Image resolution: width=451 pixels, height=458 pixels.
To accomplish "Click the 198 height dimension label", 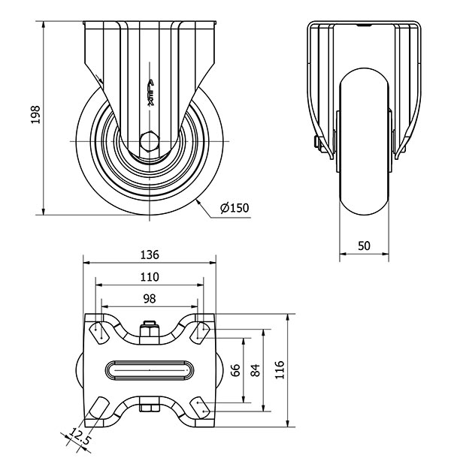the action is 35,115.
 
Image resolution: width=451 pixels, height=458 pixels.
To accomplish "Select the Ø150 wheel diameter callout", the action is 235,208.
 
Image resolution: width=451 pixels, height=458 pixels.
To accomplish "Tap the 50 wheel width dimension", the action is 364,246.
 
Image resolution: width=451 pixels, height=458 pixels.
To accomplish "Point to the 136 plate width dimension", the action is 150,255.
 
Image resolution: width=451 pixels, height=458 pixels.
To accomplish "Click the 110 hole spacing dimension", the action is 150,276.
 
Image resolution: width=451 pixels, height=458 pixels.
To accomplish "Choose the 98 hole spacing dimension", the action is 150,299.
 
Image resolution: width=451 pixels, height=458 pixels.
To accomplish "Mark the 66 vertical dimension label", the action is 235,370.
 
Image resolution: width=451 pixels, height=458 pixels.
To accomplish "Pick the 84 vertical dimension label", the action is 255,370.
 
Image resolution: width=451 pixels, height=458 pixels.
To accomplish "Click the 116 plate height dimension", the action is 280,370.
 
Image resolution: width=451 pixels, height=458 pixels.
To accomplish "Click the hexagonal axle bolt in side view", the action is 150,141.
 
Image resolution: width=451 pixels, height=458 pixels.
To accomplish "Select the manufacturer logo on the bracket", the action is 151,93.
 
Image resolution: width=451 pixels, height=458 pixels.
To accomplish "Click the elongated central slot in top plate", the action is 150,370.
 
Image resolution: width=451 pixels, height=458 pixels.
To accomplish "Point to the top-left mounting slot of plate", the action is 99,333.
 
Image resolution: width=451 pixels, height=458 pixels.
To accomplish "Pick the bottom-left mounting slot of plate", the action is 99,408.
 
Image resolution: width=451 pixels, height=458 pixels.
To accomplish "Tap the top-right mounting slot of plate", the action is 200,333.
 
